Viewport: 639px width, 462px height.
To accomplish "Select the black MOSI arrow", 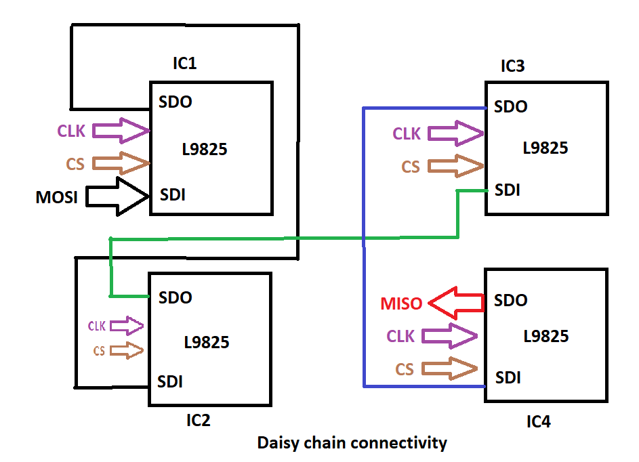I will [120, 196].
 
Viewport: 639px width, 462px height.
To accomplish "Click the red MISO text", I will [401, 304].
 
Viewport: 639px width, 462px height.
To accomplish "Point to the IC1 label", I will [184, 64].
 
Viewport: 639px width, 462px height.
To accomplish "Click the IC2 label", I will [199, 421].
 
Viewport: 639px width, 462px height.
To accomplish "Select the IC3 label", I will [512, 66].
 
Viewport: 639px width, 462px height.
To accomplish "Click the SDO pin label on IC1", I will [176, 102].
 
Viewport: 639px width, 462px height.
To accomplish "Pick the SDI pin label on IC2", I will [169, 381].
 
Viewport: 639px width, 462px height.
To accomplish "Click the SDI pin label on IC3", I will [508, 190].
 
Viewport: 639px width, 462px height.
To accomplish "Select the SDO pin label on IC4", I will [511, 300].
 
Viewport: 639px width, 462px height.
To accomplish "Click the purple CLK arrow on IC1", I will [121, 130].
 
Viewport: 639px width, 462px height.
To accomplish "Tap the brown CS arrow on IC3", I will [455, 166].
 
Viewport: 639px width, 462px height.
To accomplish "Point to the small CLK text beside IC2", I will [97, 326].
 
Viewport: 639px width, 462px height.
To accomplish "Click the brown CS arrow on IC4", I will [449, 369].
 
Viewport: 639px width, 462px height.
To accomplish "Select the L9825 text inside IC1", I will [205, 150].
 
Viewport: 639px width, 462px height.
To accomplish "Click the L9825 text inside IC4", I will [546, 336].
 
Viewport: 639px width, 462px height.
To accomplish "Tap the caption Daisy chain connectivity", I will [352, 443].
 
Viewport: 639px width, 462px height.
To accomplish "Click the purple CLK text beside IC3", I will [407, 133].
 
